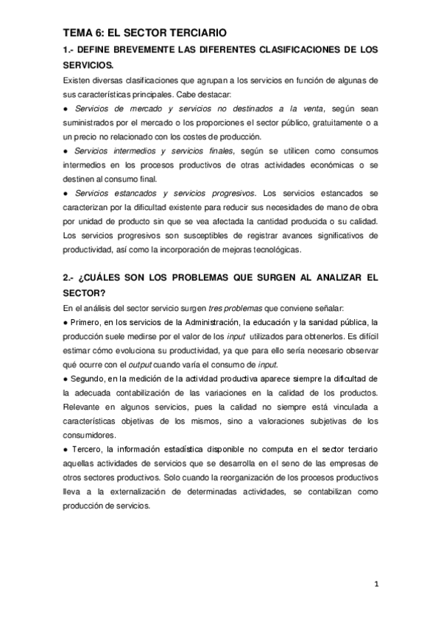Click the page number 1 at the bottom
pos(375,586)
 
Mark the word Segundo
pos(90,378)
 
